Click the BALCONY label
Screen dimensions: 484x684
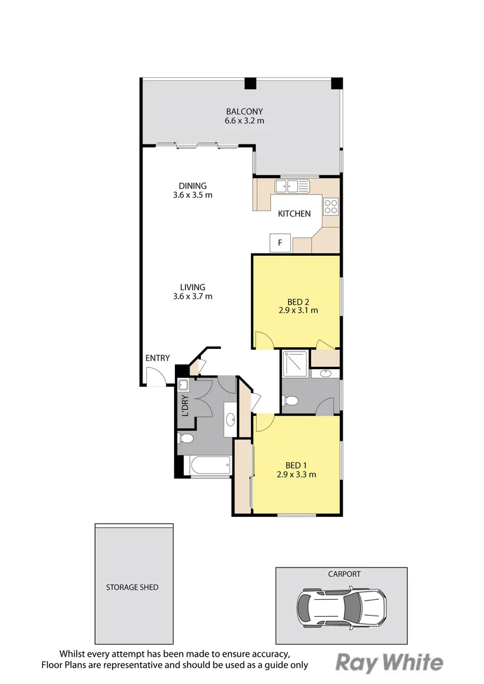click(x=245, y=111)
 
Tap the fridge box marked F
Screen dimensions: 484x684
click(x=280, y=243)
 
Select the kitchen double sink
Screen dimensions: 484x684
click(x=292, y=186)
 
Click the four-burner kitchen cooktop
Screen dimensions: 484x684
click(x=331, y=206)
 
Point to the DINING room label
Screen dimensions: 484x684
click(x=193, y=186)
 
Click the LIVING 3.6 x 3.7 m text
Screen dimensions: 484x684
click(x=193, y=292)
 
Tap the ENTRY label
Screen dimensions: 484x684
click(x=158, y=358)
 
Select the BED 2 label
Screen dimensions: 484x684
click(x=298, y=302)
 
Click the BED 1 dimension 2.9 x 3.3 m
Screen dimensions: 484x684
click(x=296, y=474)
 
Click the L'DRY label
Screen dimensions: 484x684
click(x=185, y=406)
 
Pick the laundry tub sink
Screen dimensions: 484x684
click(x=183, y=385)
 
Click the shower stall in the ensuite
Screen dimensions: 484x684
click(x=295, y=364)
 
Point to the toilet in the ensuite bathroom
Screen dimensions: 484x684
click(x=290, y=400)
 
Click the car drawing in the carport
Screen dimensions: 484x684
click(x=341, y=606)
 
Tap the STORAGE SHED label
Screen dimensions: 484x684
click(x=132, y=587)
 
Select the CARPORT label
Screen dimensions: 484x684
click(x=345, y=574)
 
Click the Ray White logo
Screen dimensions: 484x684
click(x=390, y=662)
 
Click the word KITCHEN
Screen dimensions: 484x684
click(x=294, y=214)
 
